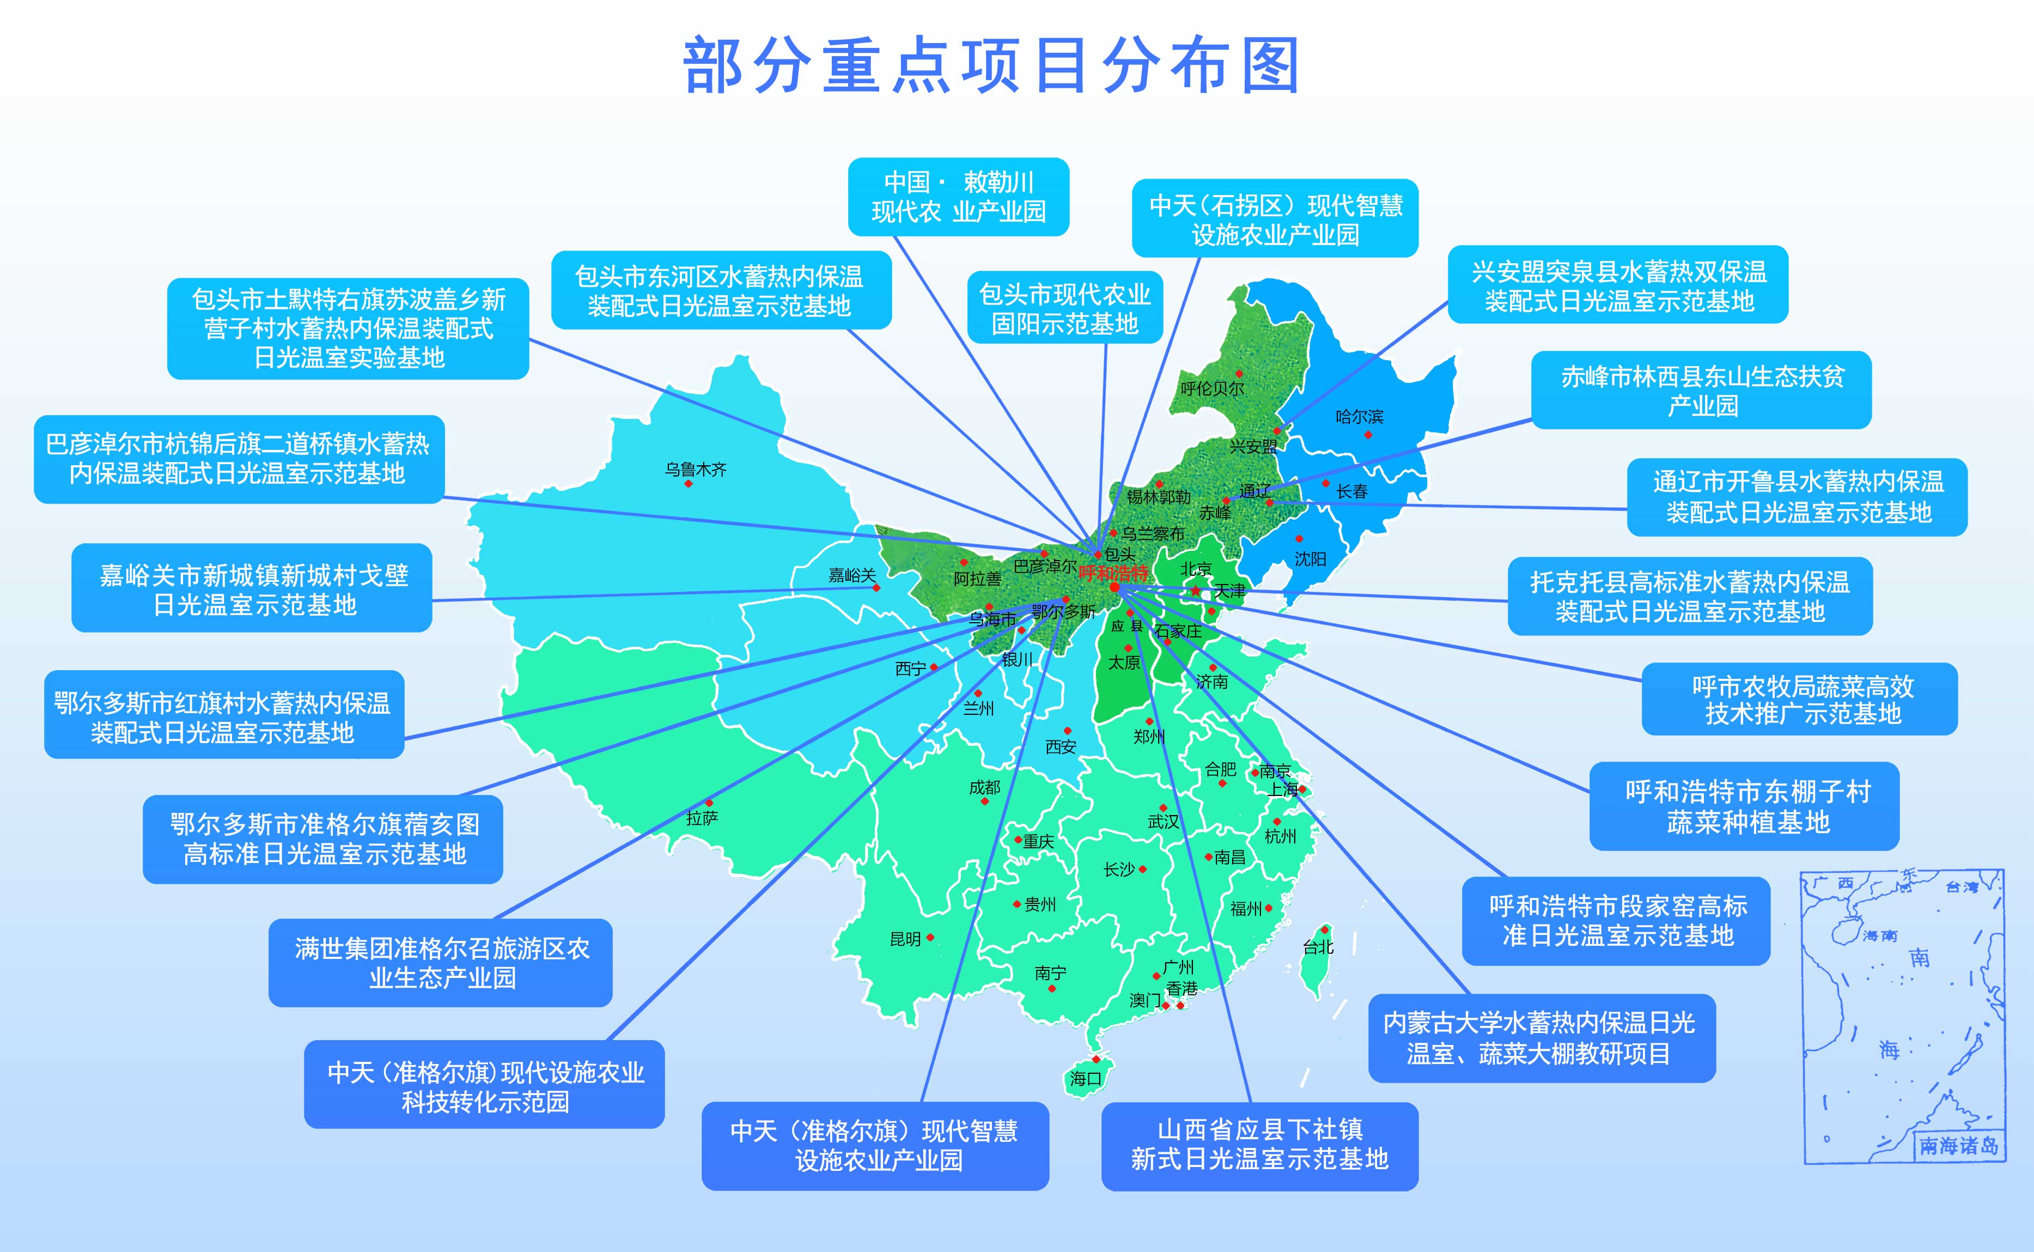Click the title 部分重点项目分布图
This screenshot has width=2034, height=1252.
tap(991, 65)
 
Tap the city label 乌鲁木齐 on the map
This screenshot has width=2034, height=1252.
tap(696, 470)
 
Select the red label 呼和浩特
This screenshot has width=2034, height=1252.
tap(1113, 573)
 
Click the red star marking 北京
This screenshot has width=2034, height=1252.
tap(1196, 591)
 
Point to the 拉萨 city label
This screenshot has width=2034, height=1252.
tap(702, 818)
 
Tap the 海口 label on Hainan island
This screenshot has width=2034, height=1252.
tap(1085, 1078)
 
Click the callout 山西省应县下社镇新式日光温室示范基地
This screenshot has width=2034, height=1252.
tap(1259, 1145)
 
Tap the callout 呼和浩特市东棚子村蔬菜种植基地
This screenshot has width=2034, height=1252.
tap(1744, 806)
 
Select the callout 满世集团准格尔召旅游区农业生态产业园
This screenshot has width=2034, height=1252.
tap(441, 962)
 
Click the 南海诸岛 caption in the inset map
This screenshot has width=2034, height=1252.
tap(1959, 1146)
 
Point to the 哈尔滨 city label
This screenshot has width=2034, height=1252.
tap(1359, 416)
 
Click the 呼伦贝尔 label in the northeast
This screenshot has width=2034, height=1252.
tap(1212, 388)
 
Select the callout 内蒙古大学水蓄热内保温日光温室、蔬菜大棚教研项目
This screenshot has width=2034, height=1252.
tap(1542, 1037)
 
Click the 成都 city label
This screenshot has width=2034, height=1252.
tap(984, 787)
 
